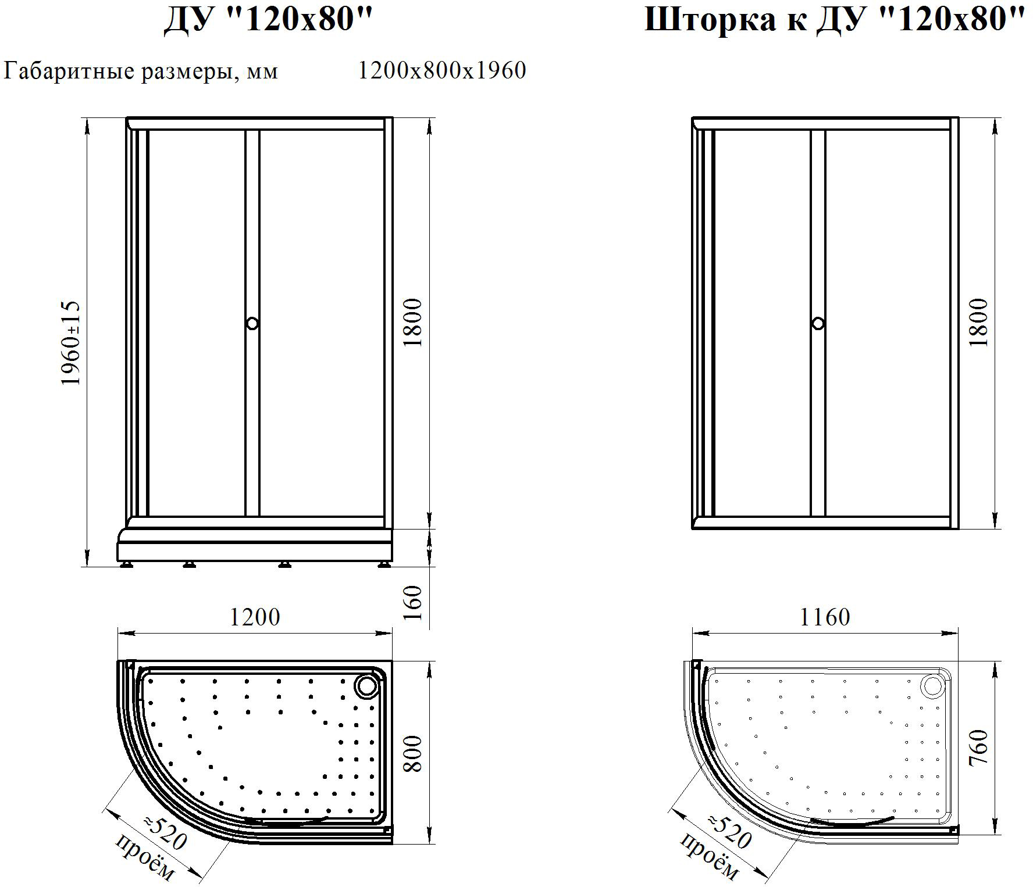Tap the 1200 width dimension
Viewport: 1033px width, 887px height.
[x=255, y=617]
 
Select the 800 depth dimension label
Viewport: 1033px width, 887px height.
[x=412, y=754]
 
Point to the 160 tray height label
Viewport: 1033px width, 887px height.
[x=412, y=603]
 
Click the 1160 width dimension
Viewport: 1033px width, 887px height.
[x=825, y=617]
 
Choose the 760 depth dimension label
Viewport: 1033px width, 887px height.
[x=978, y=749]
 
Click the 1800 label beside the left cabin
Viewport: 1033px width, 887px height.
[x=412, y=323]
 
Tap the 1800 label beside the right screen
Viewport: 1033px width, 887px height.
[x=978, y=323]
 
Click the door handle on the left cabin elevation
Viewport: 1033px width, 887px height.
[x=252, y=323]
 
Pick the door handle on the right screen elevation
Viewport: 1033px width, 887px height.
[x=818, y=323]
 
